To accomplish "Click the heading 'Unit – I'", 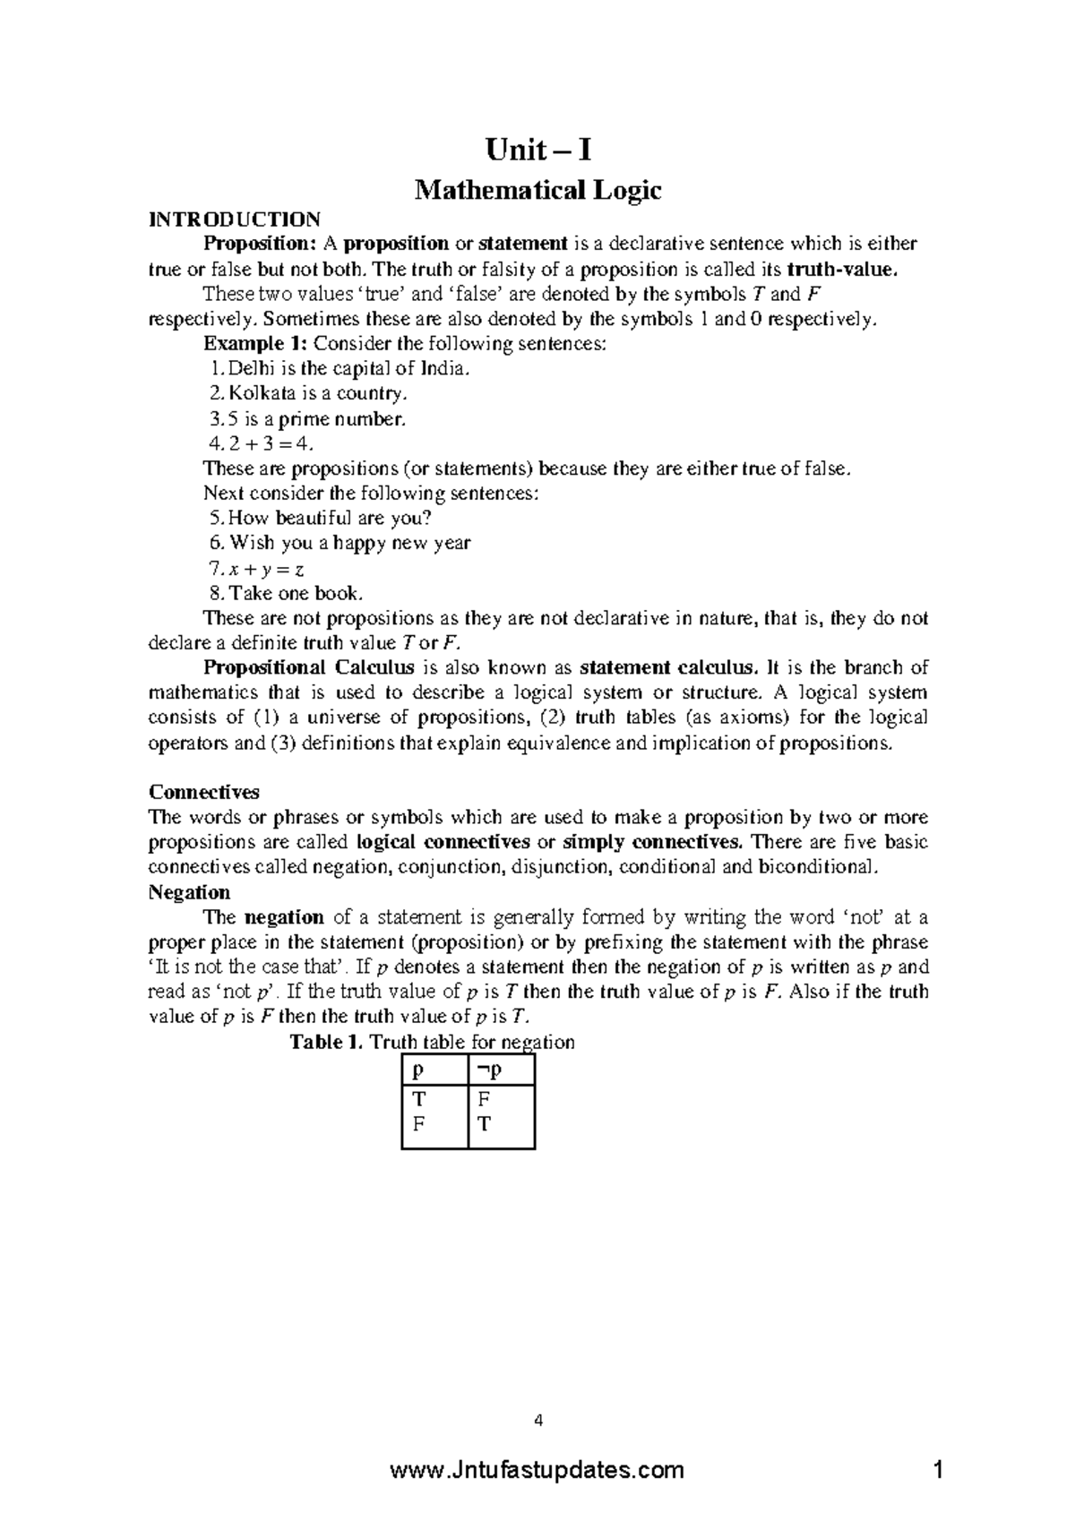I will tap(537, 149).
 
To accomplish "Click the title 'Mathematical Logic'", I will tap(537, 190).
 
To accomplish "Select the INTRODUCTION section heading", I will tap(234, 219).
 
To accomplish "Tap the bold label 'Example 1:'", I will tap(254, 344).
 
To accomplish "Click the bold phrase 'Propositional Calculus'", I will tap(309, 667).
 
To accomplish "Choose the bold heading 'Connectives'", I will tap(204, 792).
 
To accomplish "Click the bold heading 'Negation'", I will tap(189, 892).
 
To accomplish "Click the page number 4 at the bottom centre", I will tap(538, 1420).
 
